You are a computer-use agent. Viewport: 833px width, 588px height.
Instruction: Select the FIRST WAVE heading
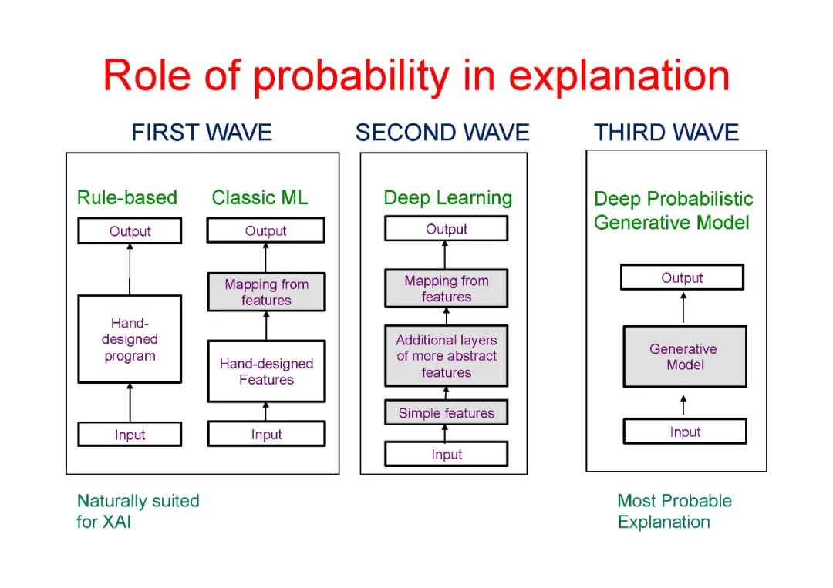(x=201, y=133)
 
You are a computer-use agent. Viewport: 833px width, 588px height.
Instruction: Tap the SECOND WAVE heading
(x=442, y=133)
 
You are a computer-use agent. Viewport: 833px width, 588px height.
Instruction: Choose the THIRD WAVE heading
(x=666, y=133)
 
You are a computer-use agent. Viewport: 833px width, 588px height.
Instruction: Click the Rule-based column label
(x=127, y=198)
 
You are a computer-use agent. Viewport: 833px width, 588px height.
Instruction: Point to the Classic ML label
(x=260, y=198)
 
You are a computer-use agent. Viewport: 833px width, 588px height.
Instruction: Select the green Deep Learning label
(x=447, y=198)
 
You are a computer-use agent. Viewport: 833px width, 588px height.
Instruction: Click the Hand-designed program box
(x=130, y=340)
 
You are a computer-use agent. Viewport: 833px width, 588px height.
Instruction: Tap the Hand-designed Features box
(x=266, y=371)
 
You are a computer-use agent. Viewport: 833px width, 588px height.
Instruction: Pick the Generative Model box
(x=684, y=357)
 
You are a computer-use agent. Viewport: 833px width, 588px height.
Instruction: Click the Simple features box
(x=447, y=413)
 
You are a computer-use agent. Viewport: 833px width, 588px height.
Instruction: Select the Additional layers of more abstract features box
(x=447, y=356)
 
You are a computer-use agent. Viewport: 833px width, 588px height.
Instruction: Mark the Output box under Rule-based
(x=130, y=231)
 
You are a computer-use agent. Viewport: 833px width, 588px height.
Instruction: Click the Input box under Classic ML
(x=266, y=435)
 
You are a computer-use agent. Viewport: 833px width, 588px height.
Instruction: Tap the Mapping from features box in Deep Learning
(x=447, y=289)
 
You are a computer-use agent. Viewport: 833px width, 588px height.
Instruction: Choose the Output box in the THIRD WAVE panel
(x=682, y=278)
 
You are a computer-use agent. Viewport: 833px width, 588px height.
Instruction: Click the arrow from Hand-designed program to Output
(x=130, y=269)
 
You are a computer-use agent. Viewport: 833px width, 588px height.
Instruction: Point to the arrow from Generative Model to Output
(x=683, y=308)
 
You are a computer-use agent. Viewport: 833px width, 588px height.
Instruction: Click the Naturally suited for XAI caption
(x=138, y=511)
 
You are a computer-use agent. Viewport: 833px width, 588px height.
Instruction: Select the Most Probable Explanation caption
(x=674, y=511)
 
